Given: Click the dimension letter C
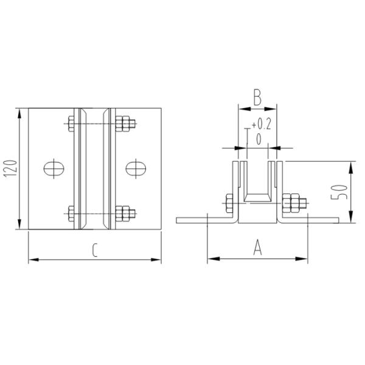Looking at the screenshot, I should click(96, 249).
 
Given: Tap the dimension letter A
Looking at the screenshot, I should click(257, 247).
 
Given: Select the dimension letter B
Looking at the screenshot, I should click(257, 97).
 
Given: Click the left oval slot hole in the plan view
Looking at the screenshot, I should click(53, 168).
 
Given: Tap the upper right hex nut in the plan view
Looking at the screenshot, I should click(125, 125).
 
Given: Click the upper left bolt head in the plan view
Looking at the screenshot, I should click(70, 125).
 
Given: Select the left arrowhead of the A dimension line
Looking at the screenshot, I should click(210, 259).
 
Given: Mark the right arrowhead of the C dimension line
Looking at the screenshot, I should click(159, 260).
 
